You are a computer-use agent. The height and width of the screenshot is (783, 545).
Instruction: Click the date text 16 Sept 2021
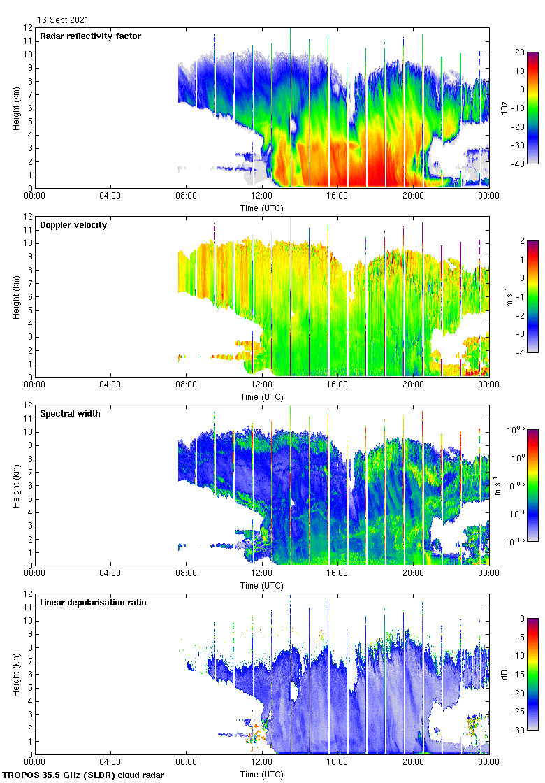[x=63, y=20]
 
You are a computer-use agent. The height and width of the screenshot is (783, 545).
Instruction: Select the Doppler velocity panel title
[x=74, y=225]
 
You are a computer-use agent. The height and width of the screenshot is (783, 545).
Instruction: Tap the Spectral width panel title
[x=70, y=414]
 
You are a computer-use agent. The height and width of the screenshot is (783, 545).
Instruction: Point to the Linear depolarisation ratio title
[x=94, y=603]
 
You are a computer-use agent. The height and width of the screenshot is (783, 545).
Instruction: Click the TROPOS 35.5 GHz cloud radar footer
[x=84, y=775]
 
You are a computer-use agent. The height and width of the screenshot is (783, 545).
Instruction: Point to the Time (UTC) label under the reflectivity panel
[x=262, y=208]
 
